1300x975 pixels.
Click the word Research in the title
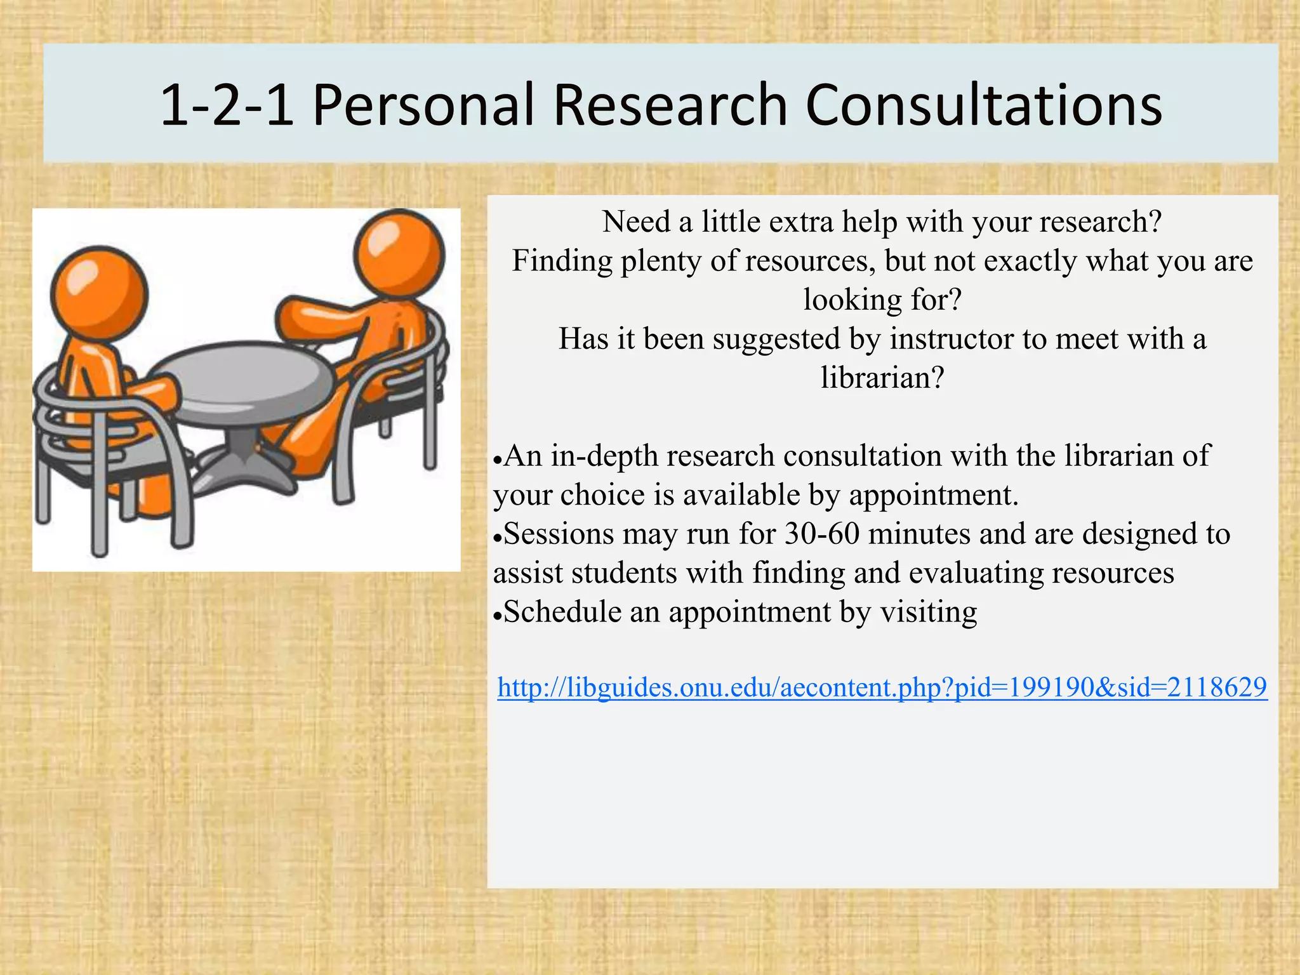pyautogui.click(x=670, y=105)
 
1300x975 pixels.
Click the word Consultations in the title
pyautogui.click(x=983, y=105)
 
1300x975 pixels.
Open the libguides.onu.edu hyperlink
pyautogui.click(x=882, y=687)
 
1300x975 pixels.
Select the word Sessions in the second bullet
pyautogui.click(x=559, y=534)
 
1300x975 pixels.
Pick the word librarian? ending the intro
pyautogui.click(x=882, y=378)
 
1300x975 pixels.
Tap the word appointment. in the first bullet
pyautogui.click(x=933, y=495)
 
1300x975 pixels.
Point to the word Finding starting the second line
pyautogui.click(x=562, y=261)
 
